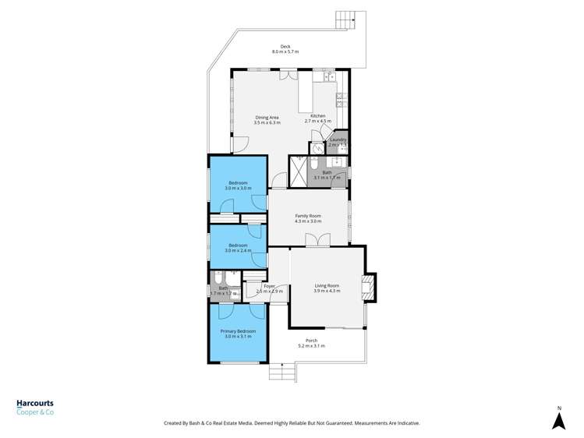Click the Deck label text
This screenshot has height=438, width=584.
(x=285, y=46)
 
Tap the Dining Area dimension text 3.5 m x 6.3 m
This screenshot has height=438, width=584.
(x=267, y=122)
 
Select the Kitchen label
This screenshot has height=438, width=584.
(x=317, y=116)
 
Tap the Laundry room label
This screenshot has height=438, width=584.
(x=338, y=140)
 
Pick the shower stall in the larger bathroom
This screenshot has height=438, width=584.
(x=299, y=171)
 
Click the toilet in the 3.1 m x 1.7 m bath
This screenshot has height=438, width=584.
(x=313, y=164)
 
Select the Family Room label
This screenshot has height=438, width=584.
(x=308, y=216)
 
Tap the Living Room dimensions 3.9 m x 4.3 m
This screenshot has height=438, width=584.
(x=327, y=291)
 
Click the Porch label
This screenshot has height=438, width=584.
(x=311, y=341)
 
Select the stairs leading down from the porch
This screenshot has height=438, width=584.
(x=282, y=373)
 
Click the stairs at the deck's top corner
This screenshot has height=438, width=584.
(x=346, y=19)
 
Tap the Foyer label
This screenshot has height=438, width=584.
(x=269, y=286)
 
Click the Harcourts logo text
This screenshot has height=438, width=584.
(x=35, y=404)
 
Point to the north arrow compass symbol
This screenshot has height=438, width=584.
(x=558, y=420)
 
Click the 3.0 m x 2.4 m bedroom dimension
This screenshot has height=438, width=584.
(x=238, y=250)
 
